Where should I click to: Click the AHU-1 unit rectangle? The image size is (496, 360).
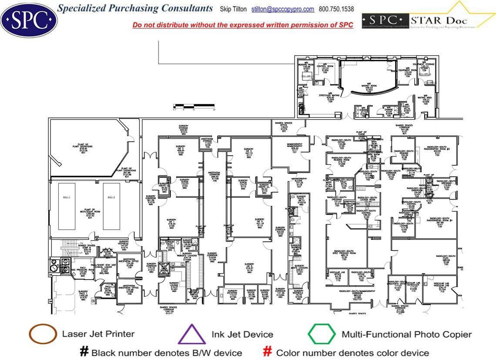tap(67, 206)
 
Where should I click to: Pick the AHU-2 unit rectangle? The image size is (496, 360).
tap(111, 206)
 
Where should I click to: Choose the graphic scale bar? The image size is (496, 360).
tap(194, 106)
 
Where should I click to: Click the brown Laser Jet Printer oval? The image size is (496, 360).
tap(43, 334)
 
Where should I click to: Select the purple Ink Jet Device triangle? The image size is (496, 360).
tap(192, 335)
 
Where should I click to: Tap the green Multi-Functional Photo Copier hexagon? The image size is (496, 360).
tap(322, 334)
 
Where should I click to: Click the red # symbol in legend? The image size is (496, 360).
tap(268, 351)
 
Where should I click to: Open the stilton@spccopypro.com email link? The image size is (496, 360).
tap(282, 9)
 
